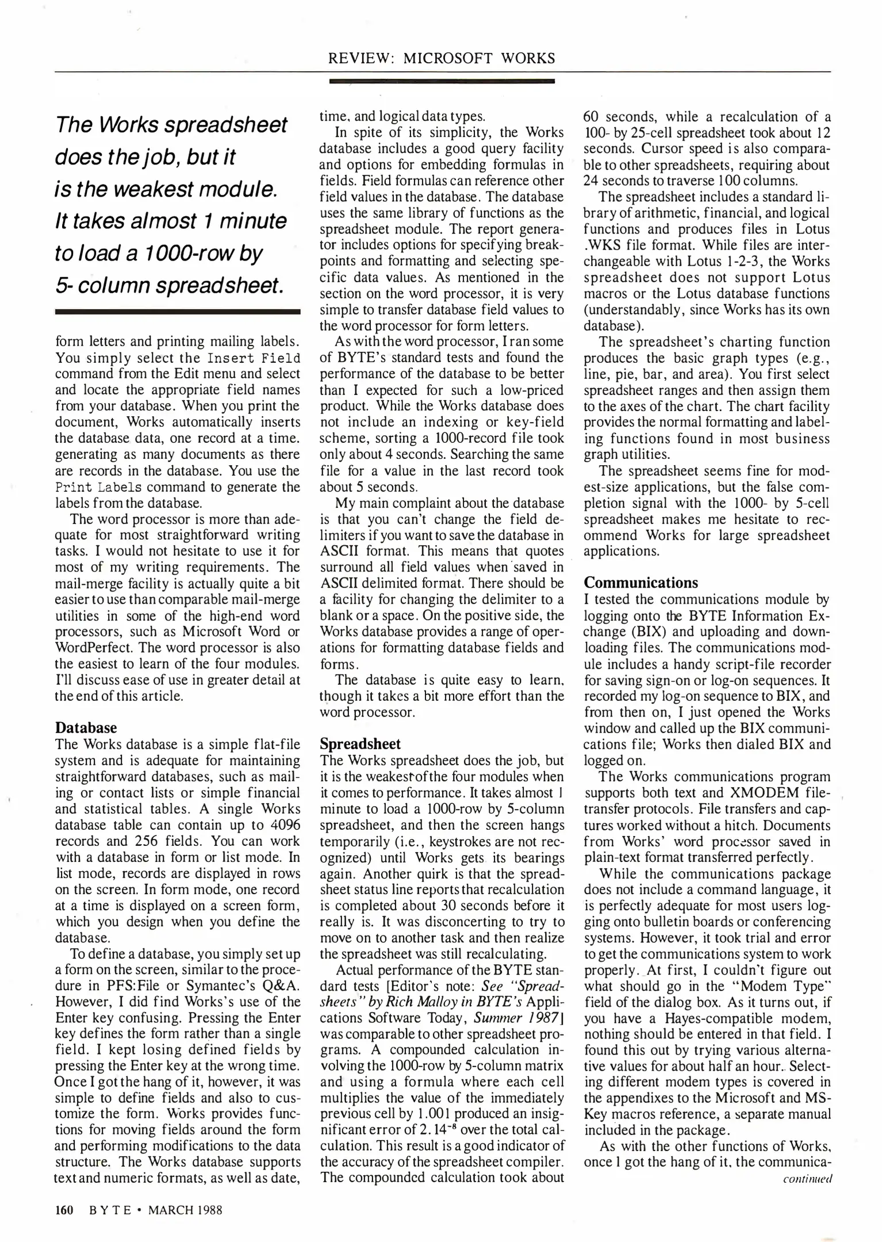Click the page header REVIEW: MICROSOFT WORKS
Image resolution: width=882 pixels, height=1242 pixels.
[x=441, y=58]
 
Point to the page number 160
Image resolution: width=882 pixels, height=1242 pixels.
[x=64, y=1210]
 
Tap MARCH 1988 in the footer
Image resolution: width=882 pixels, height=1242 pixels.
[x=185, y=1210]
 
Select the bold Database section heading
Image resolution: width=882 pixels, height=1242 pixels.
[x=86, y=728]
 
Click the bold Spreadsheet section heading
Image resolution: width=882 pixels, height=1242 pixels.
[x=360, y=744]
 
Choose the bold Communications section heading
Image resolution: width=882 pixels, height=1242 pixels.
[x=641, y=582]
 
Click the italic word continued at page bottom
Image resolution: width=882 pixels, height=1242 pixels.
[x=807, y=1178]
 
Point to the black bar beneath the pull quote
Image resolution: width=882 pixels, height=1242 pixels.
[x=177, y=312]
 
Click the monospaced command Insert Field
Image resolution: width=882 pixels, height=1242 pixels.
[x=254, y=359]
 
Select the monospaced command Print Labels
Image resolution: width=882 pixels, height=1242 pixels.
[x=98, y=488]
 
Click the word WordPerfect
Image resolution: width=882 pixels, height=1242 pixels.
[x=96, y=648]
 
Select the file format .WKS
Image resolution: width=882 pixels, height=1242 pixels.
[x=600, y=246]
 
